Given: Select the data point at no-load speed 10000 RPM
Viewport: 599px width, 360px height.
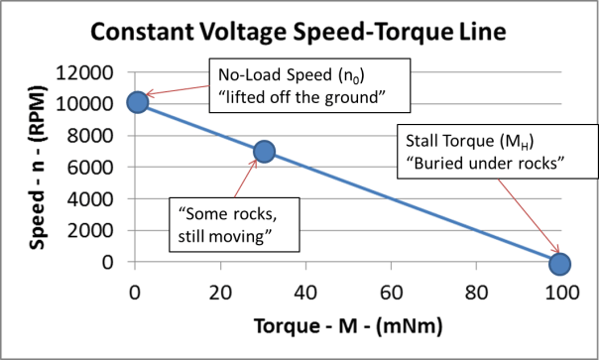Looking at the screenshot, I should tap(138, 101).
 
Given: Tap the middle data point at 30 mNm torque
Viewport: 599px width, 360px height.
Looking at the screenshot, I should tap(264, 151).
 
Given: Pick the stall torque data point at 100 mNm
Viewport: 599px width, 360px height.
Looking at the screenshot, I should tap(559, 263).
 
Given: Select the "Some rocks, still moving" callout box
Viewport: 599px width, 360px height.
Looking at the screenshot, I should tap(225, 225).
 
